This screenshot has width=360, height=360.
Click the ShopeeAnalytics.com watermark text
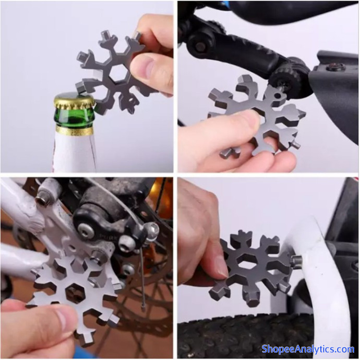pos(308,349)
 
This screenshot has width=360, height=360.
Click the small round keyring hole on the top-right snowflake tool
pos(278,95)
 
